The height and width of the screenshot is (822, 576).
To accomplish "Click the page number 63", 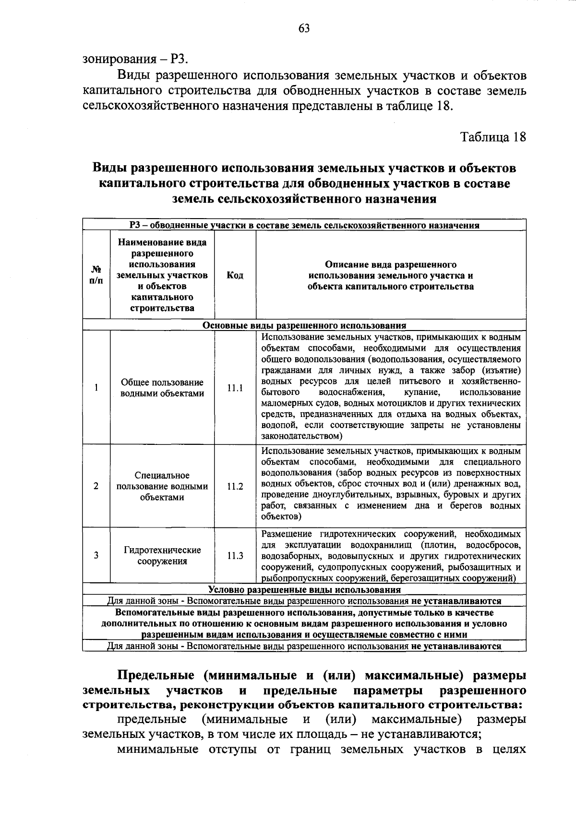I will point(304,28).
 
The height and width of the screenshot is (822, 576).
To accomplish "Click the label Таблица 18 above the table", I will point(493,137).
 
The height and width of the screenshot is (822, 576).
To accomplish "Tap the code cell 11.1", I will point(235,388).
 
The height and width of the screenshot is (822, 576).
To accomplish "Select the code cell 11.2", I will point(235,486).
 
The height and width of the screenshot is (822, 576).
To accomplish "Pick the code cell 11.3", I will point(235,556).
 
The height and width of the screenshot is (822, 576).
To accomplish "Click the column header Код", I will point(235,275).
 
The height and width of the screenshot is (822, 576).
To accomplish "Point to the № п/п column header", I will point(96,275).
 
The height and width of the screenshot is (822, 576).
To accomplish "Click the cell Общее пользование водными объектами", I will point(162,388).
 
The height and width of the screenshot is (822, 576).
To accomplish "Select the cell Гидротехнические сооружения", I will point(162,556).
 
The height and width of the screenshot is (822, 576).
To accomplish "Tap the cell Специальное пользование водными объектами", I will point(162,486).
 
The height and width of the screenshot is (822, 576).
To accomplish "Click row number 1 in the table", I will point(96,388).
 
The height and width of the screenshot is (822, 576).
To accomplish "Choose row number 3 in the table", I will point(96,556).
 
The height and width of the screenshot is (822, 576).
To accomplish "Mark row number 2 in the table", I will point(96,486).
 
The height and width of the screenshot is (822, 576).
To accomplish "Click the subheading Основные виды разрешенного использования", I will point(304,325).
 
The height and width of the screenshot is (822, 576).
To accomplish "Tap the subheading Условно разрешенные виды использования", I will point(304,589).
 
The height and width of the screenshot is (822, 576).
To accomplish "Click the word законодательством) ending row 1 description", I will point(301,436).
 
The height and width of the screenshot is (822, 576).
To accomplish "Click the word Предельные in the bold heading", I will point(156,675).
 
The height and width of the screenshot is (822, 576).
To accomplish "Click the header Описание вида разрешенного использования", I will point(391,275).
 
